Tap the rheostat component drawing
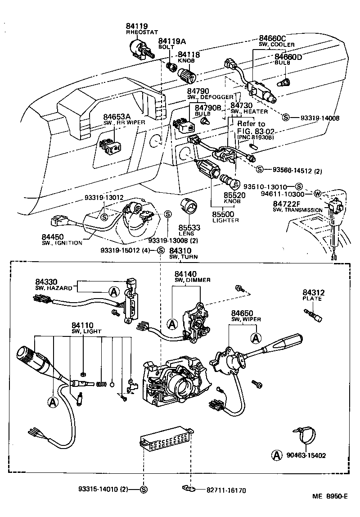140,48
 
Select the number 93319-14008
320,118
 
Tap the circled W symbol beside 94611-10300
317,194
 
